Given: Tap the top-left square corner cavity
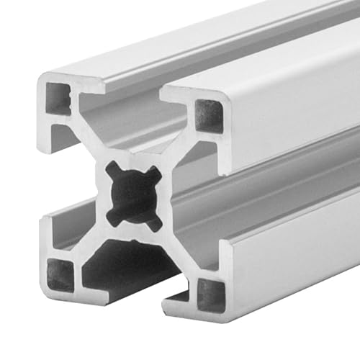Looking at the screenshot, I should pos(58,98).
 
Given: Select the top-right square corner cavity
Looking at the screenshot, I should pos(209,115).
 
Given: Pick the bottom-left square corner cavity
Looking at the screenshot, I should pos(60,275).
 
